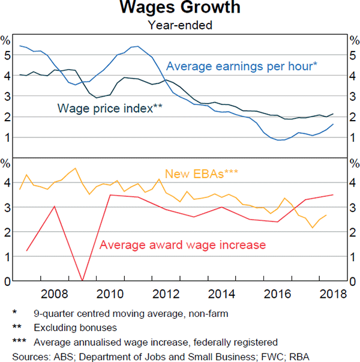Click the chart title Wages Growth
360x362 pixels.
[180, 8]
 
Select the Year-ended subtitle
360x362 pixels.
[180, 25]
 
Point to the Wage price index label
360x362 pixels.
[110, 109]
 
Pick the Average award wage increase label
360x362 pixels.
[182, 245]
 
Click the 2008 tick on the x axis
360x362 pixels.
[55, 294]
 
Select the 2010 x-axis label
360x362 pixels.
[110, 294]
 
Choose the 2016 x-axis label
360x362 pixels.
[278, 294]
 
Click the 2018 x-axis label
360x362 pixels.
[333, 294]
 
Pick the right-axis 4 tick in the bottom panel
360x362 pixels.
[353, 183]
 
